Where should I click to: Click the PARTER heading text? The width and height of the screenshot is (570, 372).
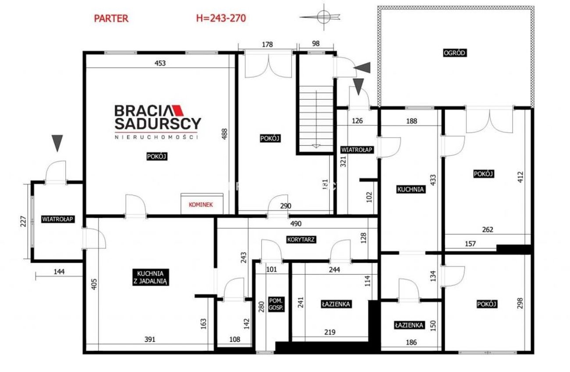[111, 18]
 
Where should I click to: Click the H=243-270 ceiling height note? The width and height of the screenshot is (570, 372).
[221, 18]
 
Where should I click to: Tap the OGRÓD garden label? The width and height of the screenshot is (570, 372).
[455, 53]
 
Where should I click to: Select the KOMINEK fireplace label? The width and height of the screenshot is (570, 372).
[201, 205]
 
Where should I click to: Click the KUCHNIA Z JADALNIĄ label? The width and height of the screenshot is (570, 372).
[150, 277]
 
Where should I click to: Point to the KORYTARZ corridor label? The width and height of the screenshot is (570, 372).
[301, 239]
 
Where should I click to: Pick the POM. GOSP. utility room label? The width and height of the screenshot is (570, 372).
[276, 304]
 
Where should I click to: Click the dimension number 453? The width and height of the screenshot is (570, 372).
[160, 63]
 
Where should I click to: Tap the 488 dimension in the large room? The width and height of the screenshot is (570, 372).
[224, 134]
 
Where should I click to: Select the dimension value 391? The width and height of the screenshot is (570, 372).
[150, 339]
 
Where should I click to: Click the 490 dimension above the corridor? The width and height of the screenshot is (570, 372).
[296, 224]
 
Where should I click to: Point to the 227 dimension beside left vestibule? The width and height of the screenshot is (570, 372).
[23, 221]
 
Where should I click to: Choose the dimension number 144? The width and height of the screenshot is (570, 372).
[59, 272]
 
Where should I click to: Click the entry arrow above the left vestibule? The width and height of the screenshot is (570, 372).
[57, 143]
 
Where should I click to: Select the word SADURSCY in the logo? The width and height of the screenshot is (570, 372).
[158, 123]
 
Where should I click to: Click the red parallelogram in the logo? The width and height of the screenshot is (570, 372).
[178, 110]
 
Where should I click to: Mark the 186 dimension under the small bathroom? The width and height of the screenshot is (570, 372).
[411, 342]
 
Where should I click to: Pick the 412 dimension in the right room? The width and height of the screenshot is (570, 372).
[520, 177]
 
